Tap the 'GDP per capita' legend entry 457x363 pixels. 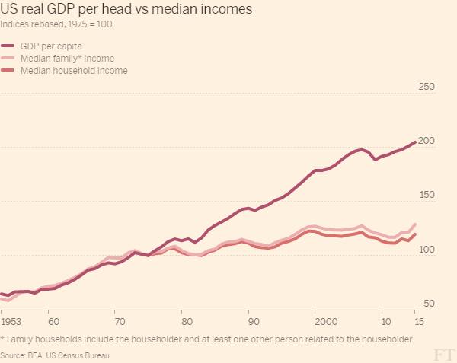pos(52,46)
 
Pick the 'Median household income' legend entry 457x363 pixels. pos(74,71)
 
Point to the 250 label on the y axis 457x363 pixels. pos(427,87)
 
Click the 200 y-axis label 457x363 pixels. pos(427,141)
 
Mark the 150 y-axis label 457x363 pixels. pos(427,195)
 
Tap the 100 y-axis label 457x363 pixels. pos(427,250)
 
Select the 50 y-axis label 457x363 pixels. pos(430,304)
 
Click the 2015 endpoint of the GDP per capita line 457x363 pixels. pos(415,142)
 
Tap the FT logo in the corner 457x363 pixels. pos(443,355)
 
